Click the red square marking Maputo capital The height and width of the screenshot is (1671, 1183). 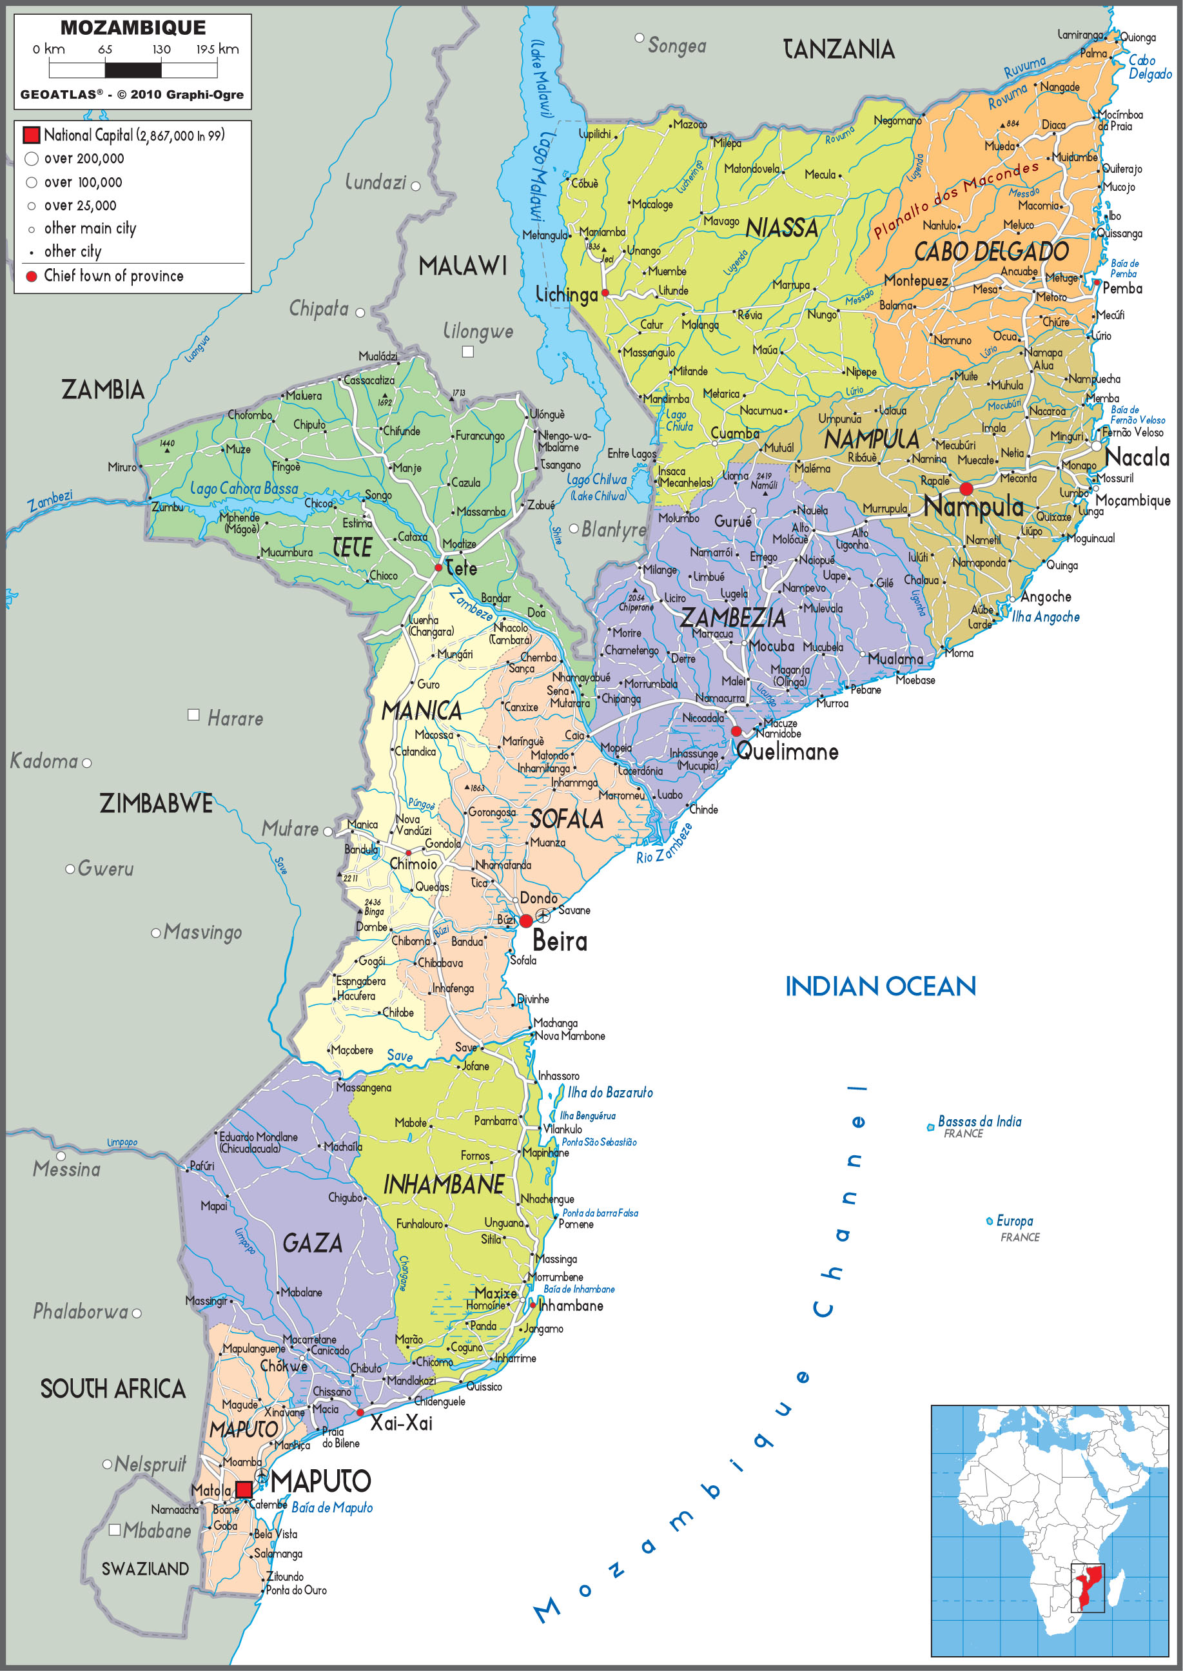tap(244, 1489)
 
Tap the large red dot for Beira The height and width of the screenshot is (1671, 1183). tap(526, 921)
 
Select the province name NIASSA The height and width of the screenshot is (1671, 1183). tap(781, 229)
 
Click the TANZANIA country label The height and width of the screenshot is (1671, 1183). tap(839, 50)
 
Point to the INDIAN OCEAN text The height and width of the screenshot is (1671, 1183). tap(880, 986)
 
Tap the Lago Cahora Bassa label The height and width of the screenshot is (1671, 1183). tap(244, 489)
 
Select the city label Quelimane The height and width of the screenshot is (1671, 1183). tap(787, 752)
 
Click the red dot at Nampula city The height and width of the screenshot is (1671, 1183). tap(966, 488)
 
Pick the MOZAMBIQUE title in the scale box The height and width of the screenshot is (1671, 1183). tap(133, 28)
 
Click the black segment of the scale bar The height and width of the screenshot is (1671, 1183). tap(133, 70)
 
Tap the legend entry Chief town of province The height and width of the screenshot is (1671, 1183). tap(113, 276)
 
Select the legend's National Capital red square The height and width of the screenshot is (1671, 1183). tap(32, 135)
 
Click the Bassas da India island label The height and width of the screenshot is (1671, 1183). tap(979, 1121)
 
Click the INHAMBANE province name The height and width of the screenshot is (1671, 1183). tap(444, 1185)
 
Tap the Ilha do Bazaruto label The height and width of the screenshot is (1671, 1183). tap(610, 1093)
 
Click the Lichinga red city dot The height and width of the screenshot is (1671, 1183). tap(605, 293)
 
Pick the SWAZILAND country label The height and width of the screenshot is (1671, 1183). tap(145, 1569)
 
